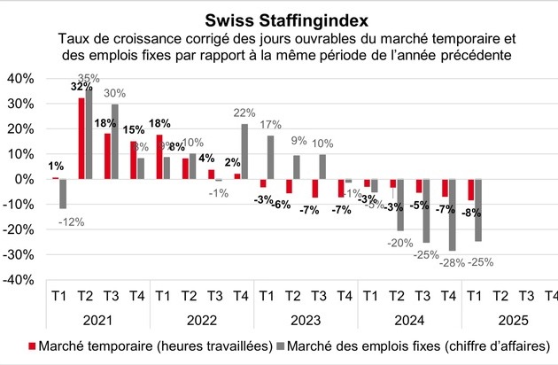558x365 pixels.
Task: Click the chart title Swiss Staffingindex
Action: pyautogui.click(x=279, y=19)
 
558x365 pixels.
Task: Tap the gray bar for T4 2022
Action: pyautogui.click(x=244, y=151)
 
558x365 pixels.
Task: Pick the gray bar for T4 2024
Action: pyautogui.click(x=452, y=214)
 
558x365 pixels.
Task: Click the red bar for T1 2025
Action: pyautogui.click(x=472, y=190)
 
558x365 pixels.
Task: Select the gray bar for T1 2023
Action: pyautogui.click(x=271, y=158)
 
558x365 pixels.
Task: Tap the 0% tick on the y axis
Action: pyautogui.click(x=23, y=179)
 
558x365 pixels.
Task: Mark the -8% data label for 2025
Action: pyautogui.click(x=471, y=213)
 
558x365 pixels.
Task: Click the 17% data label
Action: pyautogui.click(x=271, y=124)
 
